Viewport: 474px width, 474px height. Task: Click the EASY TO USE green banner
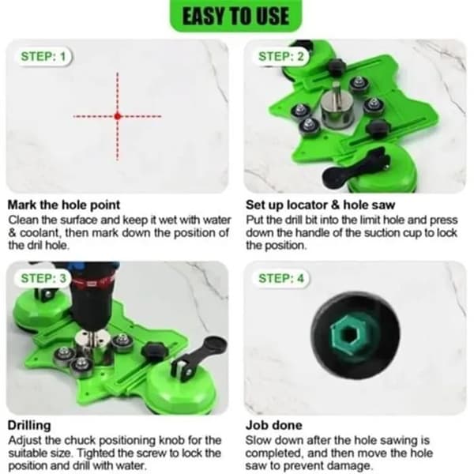click(236, 15)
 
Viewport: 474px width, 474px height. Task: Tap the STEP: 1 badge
click(43, 57)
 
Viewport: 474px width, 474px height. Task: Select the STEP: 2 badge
click(280, 57)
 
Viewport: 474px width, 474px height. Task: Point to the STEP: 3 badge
click(43, 278)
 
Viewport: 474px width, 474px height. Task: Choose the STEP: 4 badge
click(280, 278)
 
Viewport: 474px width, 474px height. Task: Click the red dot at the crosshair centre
click(118, 116)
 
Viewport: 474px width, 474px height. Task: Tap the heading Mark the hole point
click(64, 205)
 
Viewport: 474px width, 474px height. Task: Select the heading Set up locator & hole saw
click(321, 205)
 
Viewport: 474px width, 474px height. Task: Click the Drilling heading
click(29, 425)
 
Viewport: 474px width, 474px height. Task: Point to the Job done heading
click(274, 425)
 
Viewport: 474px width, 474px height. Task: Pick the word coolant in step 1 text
click(39, 233)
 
